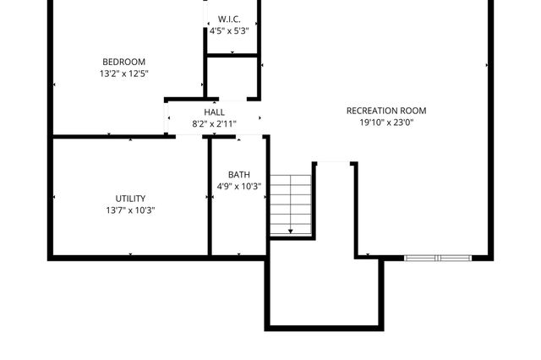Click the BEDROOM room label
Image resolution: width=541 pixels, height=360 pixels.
tap(124, 62)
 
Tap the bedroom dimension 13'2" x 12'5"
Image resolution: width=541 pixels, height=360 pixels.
tap(124, 74)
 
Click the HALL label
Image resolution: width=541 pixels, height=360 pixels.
tap(214, 112)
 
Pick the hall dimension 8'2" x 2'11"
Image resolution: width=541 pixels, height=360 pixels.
tap(214, 124)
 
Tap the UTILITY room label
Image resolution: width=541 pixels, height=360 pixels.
tap(130, 199)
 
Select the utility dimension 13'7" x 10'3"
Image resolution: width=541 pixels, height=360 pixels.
tap(130, 210)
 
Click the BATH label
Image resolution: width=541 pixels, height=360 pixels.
tap(239, 175)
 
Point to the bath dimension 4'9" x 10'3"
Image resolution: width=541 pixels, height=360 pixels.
tap(239, 187)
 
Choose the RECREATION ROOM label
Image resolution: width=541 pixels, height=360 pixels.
tap(386, 111)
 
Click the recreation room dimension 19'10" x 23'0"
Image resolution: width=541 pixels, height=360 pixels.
tap(386, 123)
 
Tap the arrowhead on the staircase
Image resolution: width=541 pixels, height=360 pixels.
tap(291, 231)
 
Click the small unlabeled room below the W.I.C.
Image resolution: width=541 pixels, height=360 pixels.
tap(232, 78)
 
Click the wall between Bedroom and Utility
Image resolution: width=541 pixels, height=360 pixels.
tap(110, 136)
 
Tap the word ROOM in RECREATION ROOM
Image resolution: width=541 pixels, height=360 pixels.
tap(413, 111)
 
